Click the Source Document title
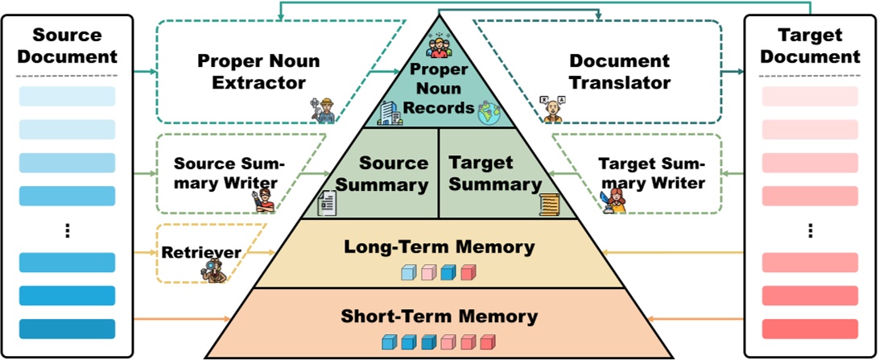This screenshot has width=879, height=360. coord(67,47)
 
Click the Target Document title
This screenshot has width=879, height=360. coord(810,47)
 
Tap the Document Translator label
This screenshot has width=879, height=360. coord(619,72)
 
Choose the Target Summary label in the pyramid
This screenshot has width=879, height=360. coord(493,173)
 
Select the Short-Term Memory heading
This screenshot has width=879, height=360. coord(439,315)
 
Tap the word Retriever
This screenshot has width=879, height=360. coord(201,252)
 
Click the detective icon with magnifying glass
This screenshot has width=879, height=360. coord(211,270)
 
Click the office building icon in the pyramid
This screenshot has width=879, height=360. coord(389,112)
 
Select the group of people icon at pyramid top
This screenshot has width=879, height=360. coord(439,44)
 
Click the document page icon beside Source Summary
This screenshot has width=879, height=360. coord(328,202)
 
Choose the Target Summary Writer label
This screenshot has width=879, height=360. coord(651,172)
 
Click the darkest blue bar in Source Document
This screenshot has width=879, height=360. coord(67,329)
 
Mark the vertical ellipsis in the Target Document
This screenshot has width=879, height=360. coord(810,230)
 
